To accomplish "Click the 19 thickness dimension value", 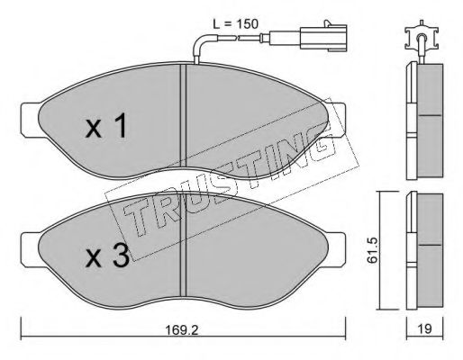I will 424,342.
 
